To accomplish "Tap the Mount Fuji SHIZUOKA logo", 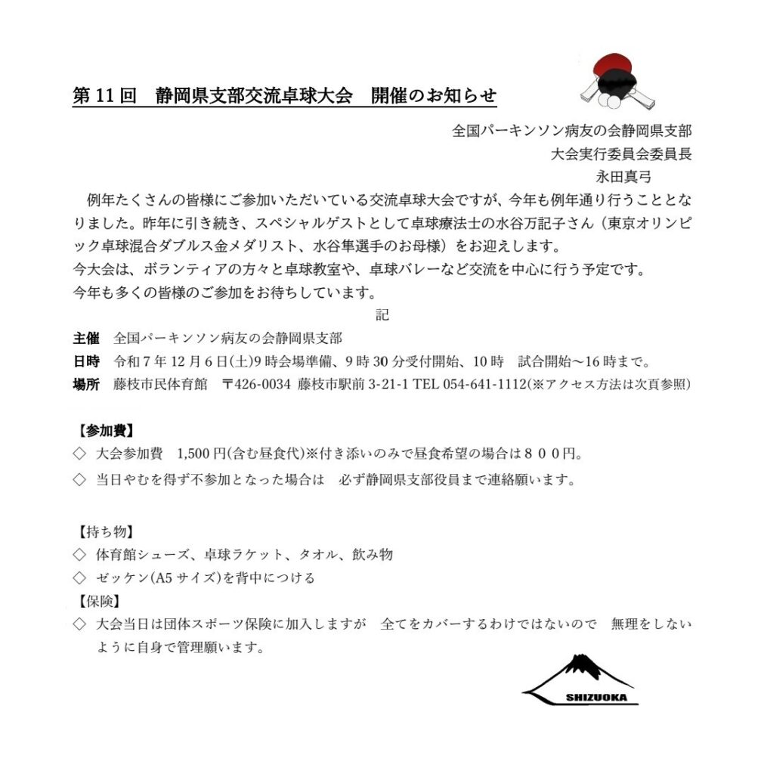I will tap(580, 681).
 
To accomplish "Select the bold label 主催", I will tap(85, 338).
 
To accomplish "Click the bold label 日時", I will tap(85, 361).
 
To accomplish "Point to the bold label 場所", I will tap(85, 384).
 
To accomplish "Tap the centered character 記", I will tap(382, 314).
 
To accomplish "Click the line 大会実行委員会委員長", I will tap(620, 153).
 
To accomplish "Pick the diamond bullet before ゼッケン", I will tap(79, 578).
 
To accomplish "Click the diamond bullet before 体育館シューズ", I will tap(79, 555).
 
